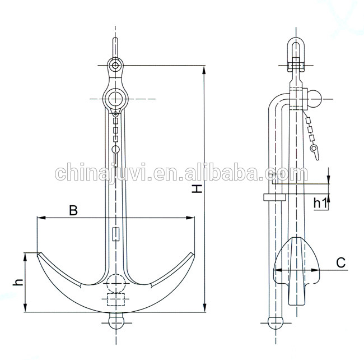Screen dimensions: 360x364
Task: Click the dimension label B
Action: coord(73,210)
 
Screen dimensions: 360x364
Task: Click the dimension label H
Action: coord(198,189)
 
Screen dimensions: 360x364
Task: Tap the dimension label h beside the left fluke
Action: coord(17,282)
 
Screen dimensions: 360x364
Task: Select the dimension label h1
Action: coord(320,202)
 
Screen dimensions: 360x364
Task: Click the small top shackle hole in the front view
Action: coord(115,66)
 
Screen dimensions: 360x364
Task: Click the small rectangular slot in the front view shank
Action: coord(116,234)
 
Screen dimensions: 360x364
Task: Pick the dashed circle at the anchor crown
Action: coord(116,282)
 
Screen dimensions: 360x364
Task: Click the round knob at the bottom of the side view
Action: coord(276,322)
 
